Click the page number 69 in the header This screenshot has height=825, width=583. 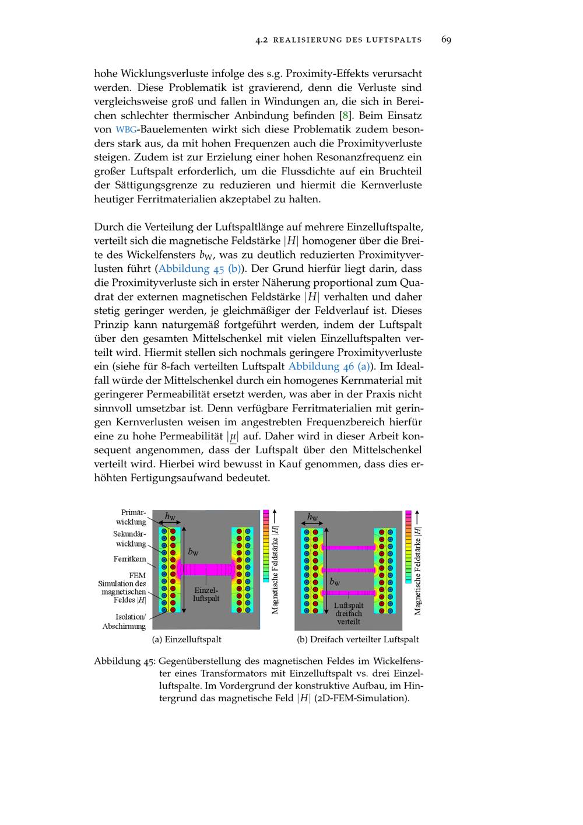tap(446, 40)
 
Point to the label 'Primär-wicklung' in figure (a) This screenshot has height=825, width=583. tap(132, 517)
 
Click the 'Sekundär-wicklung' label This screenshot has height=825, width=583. tap(130, 539)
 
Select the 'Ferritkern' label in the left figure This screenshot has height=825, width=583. tap(129, 559)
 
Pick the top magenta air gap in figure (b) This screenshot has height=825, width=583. tap(348, 548)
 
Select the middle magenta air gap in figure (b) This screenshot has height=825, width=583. tap(348, 570)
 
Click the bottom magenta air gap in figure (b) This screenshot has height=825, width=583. tap(348, 592)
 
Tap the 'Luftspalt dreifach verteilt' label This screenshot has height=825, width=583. tap(349, 613)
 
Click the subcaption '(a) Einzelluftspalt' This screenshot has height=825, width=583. tap(187, 639)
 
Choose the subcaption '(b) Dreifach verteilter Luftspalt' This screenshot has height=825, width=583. tap(357, 639)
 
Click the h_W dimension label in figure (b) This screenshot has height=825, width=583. tap(313, 516)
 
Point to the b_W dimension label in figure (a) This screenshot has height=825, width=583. tap(193, 551)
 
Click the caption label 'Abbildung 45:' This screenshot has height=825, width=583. tap(125, 662)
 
